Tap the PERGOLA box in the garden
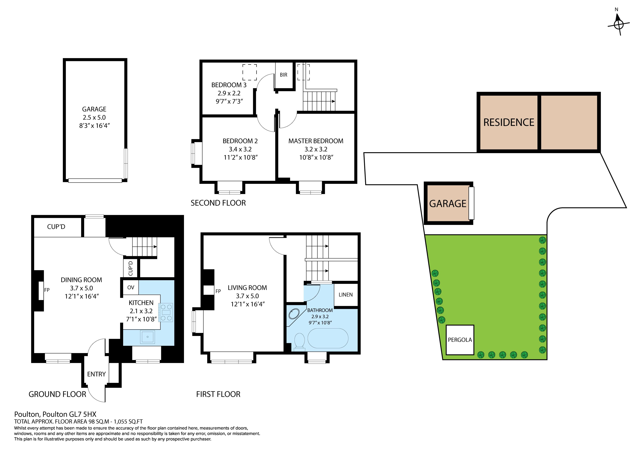click(x=460, y=340)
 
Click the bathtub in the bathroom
click(x=328, y=338)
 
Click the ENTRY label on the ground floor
click(x=96, y=374)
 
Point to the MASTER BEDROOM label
click(x=316, y=141)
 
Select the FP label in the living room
click(x=218, y=291)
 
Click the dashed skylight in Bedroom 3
click(x=249, y=72)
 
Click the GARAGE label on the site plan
click(x=447, y=204)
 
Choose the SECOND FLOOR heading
click(x=218, y=203)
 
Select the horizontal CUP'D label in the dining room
click(x=56, y=227)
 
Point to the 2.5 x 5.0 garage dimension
click(x=94, y=117)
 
